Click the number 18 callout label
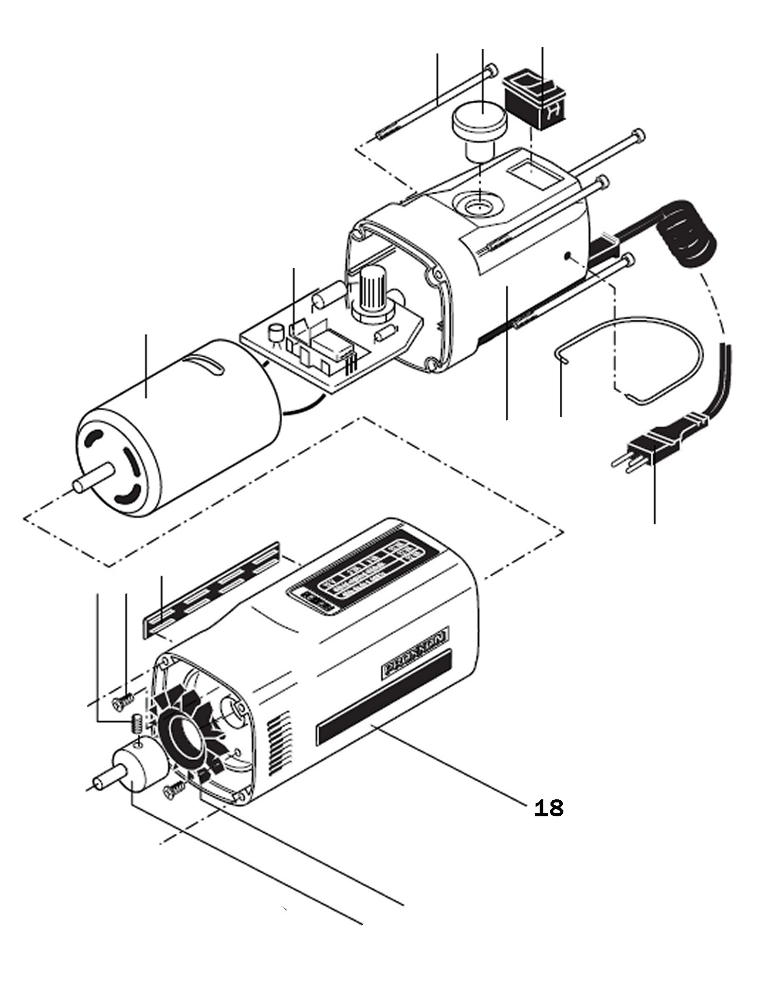click(548, 809)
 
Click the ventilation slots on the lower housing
click(277, 740)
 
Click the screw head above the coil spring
click(121, 701)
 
